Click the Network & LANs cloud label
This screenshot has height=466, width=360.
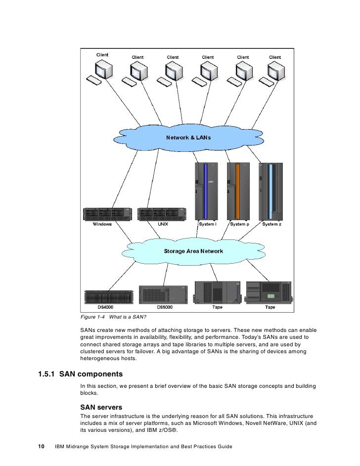(x=188, y=137)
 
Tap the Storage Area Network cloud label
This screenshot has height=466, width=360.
(x=193, y=251)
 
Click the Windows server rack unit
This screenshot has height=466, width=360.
(x=103, y=214)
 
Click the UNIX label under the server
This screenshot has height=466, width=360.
(x=163, y=224)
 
